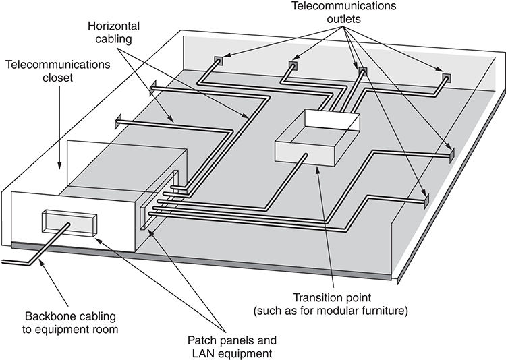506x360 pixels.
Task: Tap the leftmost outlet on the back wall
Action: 218,61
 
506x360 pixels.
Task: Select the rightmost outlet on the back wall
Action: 446,77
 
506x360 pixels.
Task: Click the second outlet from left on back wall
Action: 293,65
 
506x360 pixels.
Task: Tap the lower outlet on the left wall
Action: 119,121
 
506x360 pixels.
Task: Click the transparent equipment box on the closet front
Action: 69,223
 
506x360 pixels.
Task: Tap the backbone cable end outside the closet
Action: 8,257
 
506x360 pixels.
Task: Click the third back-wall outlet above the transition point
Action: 363,71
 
